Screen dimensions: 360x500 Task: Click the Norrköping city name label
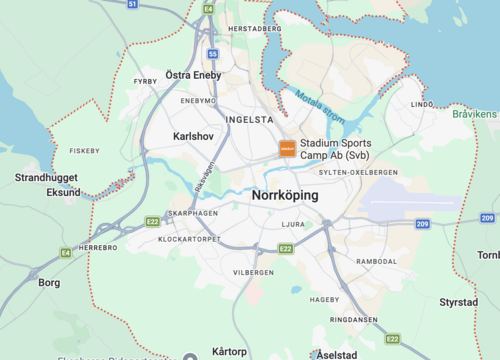pos(285,195)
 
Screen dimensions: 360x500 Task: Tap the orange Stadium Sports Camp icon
pos(287,148)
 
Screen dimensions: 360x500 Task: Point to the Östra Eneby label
pos(193,75)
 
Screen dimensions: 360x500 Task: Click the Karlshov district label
pos(194,135)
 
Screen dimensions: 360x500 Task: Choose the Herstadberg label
pos(254,29)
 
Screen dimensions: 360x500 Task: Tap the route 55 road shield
pos(213,54)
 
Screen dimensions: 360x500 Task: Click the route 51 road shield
pos(133,4)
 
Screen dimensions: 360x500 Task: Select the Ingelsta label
pos(250,119)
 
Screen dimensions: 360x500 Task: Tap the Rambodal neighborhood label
pos(377,260)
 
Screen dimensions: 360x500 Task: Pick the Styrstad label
pos(459,302)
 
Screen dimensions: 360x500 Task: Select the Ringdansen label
pos(354,320)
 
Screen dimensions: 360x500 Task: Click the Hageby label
pos(325,299)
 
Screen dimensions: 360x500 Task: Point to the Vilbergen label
pos(253,272)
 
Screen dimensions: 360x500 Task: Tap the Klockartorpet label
pos(189,240)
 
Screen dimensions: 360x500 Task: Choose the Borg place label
pos(49,283)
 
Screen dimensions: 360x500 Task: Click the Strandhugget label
pos(46,177)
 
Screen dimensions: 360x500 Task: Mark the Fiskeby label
pos(84,151)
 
